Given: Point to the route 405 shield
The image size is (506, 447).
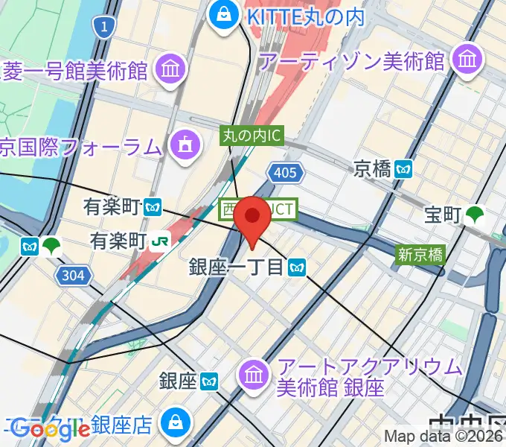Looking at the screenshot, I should (286, 174).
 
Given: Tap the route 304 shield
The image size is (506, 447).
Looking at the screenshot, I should (73, 276).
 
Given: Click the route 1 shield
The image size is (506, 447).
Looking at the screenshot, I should (105, 28).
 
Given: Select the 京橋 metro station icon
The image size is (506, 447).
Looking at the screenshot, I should (404, 169).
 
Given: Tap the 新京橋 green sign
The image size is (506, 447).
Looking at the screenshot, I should (420, 255).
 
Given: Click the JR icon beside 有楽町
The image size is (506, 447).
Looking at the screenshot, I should (160, 241).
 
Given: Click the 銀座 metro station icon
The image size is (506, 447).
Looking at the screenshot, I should (210, 381).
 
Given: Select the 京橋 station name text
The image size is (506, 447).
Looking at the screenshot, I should (372, 169).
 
